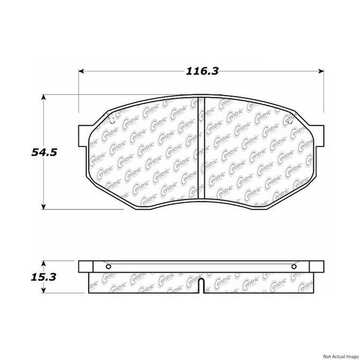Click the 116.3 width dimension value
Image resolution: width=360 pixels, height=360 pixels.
click(x=202, y=71)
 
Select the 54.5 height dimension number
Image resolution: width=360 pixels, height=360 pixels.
click(x=44, y=152)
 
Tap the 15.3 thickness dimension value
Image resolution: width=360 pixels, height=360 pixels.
click(x=43, y=277)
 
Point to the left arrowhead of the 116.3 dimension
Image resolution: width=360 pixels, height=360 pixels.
click(x=81, y=71)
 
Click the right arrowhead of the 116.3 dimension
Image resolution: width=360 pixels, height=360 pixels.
click(x=321, y=71)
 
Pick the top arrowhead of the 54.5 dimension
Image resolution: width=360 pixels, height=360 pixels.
click(x=43, y=97)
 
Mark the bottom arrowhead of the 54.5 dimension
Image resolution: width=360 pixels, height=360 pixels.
click(x=43, y=207)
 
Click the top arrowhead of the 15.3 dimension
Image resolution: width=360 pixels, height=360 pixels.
click(x=43, y=263)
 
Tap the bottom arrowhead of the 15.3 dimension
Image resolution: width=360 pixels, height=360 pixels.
click(x=43, y=290)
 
